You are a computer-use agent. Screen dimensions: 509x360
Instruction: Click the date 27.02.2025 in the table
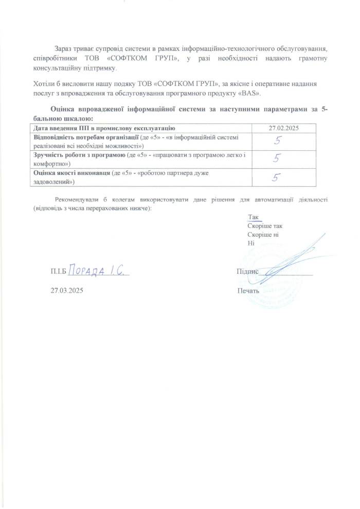pos(284,127)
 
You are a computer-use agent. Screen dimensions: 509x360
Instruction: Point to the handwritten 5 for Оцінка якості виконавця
pos(276,178)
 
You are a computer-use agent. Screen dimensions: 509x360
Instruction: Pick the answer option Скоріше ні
pos(263,234)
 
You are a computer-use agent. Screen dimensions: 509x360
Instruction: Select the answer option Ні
pos(251,242)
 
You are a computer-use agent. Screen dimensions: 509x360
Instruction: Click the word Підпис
pos(247,271)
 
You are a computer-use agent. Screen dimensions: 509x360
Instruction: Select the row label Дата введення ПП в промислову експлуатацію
pos(105,127)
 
